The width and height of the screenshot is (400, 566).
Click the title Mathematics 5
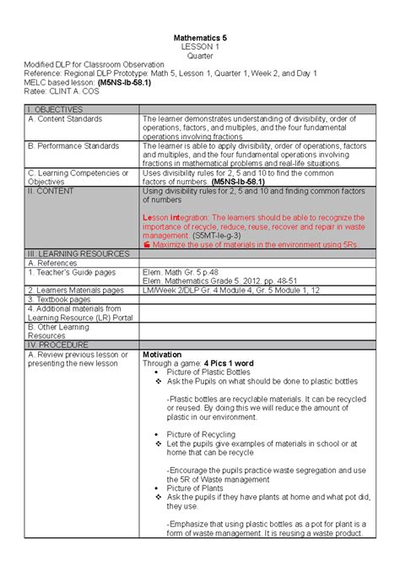tap(200, 39)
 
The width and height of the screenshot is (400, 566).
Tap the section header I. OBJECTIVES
tap(56, 110)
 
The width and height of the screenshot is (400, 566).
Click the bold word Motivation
tap(163, 354)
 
